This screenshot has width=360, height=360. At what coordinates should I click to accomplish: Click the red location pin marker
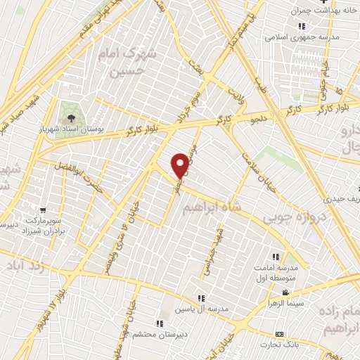click(x=181, y=165)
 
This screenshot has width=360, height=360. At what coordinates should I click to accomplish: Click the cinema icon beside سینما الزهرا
click(x=285, y=292)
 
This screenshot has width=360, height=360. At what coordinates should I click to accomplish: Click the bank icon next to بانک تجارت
click(x=280, y=333)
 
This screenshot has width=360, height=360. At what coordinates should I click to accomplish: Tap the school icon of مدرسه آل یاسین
click(x=201, y=298)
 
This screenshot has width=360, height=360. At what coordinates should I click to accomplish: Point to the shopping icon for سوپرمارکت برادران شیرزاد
click(x=44, y=210)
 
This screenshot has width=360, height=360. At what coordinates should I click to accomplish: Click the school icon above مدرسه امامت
click(x=277, y=257)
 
